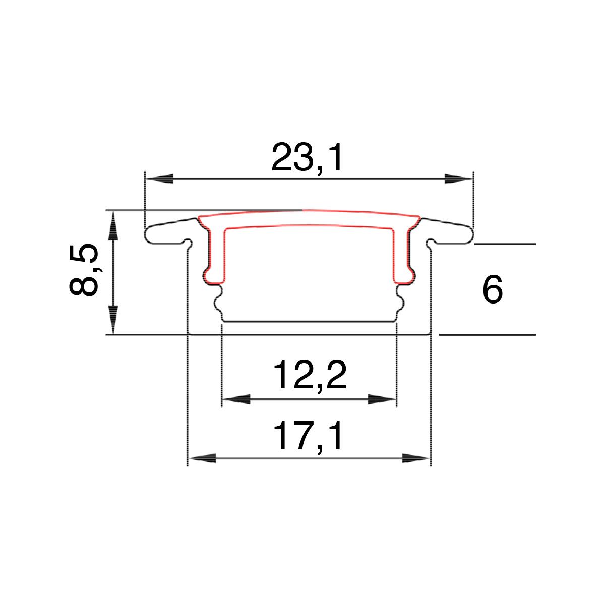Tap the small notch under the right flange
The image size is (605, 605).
click(x=430, y=243)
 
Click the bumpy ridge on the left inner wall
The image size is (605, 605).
click(x=219, y=302)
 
